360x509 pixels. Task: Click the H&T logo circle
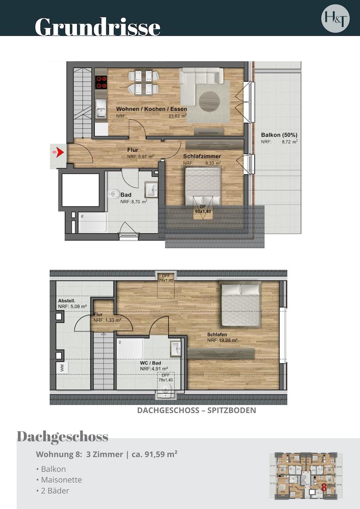335,18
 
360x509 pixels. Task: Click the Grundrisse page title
98,26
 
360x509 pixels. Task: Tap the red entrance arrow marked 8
58,152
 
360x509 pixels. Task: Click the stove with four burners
101,82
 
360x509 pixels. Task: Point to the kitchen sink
101,112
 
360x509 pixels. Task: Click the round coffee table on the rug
209,100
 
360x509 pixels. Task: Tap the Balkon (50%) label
279,135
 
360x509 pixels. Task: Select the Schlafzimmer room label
202,156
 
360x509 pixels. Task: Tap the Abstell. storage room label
66,300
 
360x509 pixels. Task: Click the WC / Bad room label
150,363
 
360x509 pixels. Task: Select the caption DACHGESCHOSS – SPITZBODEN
196,410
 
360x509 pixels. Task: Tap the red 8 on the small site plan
324,487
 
